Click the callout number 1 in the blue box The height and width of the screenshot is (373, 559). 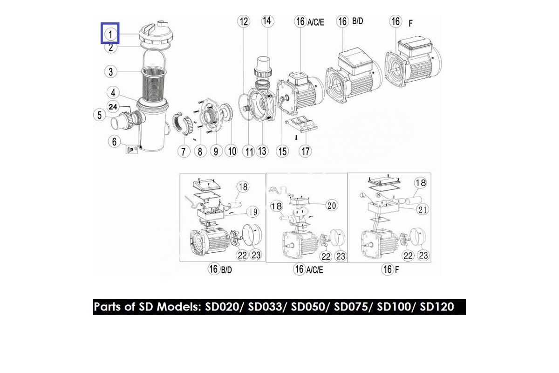pyautogui.click(x=110, y=34)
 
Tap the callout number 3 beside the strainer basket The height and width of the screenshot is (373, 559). pyautogui.click(x=110, y=72)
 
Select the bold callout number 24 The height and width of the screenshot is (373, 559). pyautogui.click(x=113, y=107)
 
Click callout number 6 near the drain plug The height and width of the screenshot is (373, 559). pyautogui.click(x=114, y=142)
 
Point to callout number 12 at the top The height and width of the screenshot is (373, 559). pyautogui.click(x=244, y=21)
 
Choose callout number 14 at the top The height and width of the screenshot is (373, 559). pyautogui.click(x=267, y=21)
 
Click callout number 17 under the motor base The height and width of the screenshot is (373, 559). pyautogui.click(x=305, y=151)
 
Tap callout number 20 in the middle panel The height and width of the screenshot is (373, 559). pyautogui.click(x=332, y=205)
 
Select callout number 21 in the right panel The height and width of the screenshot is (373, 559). pyautogui.click(x=423, y=210)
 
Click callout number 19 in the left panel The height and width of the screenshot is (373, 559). pyautogui.click(x=253, y=212)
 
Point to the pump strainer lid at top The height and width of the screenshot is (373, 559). pyautogui.click(x=156, y=35)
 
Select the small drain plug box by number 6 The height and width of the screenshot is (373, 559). pyautogui.click(x=131, y=149)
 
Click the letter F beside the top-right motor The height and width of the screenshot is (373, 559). pyautogui.click(x=410, y=23)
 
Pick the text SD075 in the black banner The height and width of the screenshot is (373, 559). pyautogui.click(x=351, y=307)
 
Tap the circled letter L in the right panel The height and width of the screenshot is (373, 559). pyautogui.click(x=362, y=195)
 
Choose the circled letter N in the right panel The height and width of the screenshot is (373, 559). pyautogui.click(x=379, y=195)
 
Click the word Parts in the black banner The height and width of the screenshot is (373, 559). pyautogui.click(x=108, y=307)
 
